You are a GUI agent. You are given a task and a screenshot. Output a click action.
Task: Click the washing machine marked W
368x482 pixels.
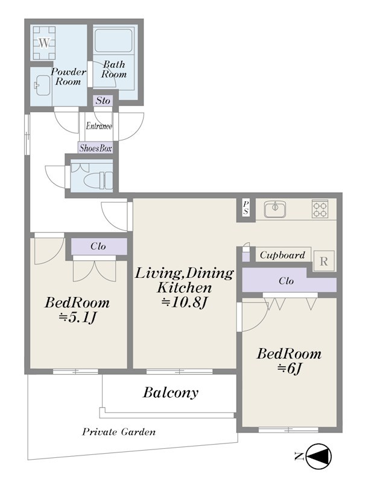(x=44, y=43)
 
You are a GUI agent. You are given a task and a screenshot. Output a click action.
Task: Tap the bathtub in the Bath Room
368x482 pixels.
(x=113, y=40)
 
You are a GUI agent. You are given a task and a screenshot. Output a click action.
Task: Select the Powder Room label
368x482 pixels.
(x=68, y=77)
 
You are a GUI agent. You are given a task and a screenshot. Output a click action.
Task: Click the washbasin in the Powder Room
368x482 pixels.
(x=42, y=85)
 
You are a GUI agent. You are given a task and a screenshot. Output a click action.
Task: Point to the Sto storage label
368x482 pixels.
(x=103, y=101)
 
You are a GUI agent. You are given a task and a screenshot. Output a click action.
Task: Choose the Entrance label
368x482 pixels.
(x=99, y=126)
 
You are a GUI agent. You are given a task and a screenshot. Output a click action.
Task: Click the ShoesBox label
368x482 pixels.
(x=95, y=148)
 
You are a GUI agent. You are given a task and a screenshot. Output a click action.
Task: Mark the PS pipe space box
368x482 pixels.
(x=246, y=208)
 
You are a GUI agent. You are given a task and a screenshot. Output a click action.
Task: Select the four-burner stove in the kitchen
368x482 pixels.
(x=320, y=208)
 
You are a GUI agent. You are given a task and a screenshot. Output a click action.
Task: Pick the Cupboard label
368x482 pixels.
(x=282, y=255)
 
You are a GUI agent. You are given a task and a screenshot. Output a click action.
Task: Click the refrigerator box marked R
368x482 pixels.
(x=323, y=261)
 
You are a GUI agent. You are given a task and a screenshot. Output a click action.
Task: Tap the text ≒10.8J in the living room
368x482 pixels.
(x=183, y=303)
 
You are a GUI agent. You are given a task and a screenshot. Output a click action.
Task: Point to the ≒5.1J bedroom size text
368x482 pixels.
(x=78, y=318)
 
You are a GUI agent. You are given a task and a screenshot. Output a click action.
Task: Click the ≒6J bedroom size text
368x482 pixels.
(x=288, y=368)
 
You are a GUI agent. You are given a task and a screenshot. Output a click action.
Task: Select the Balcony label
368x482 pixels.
(x=171, y=393)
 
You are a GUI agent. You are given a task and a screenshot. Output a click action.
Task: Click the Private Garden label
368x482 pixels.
(x=119, y=432)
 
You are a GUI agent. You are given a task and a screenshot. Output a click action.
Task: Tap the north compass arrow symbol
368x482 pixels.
(x=320, y=456)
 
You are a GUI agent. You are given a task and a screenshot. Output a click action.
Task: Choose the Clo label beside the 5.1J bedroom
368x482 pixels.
(x=98, y=246)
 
